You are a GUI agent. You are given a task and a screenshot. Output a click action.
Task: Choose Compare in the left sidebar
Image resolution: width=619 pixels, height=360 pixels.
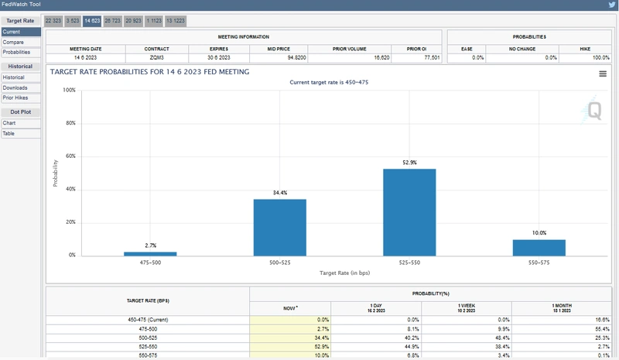(x=13, y=42)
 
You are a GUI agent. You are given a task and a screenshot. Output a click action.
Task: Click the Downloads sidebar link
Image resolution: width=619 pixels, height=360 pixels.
(x=15, y=87)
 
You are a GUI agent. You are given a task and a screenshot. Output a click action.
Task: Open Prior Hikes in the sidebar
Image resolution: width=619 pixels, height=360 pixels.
(x=15, y=98)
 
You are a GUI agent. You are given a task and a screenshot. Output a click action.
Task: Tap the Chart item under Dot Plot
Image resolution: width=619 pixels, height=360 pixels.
(x=9, y=123)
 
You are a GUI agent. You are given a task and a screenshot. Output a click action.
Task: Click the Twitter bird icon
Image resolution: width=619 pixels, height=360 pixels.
(x=611, y=5)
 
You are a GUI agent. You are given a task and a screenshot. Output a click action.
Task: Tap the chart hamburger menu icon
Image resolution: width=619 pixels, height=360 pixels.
(x=602, y=74)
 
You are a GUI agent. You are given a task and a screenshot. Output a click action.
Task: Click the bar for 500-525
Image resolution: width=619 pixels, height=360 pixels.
(x=280, y=227)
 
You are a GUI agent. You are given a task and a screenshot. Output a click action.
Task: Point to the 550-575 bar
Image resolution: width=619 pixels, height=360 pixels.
(x=539, y=247)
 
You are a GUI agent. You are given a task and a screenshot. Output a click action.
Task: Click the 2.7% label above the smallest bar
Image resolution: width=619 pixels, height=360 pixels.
(x=151, y=245)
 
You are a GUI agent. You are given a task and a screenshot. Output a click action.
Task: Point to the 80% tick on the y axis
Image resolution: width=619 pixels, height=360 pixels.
(x=69, y=123)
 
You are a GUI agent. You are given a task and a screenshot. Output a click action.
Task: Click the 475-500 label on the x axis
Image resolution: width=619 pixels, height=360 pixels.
(x=150, y=263)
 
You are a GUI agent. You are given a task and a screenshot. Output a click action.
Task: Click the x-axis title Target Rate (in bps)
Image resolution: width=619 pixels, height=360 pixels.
(x=344, y=273)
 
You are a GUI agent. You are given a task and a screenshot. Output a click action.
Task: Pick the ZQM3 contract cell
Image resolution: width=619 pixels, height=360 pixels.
(x=156, y=57)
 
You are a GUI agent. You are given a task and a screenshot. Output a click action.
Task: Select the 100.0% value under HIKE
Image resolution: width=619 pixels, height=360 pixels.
(x=600, y=57)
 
